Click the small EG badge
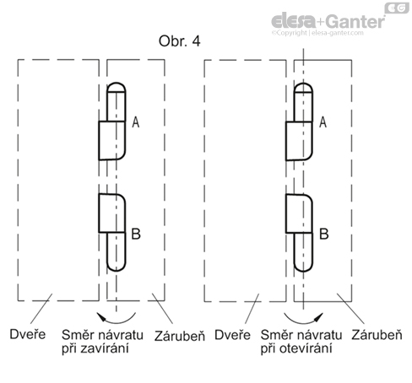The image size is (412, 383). tap(395, 8)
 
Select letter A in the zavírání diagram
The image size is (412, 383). tap(136, 123)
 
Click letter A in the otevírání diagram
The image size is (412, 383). tap(323, 123)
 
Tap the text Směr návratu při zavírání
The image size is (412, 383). tap(95, 342)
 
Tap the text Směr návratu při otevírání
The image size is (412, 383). tap(291, 342)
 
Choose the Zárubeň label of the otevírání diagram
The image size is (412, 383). tap(373, 335)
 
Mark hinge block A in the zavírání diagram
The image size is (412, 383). tap(112, 139)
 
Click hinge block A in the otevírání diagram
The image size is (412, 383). tap(300, 139)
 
